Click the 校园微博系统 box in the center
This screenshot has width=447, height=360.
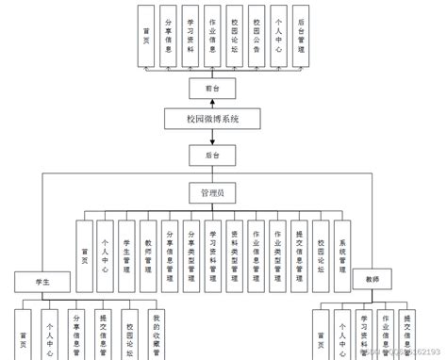tap(213, 119)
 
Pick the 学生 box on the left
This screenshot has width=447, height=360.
tap(42, 280)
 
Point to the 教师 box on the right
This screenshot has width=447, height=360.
tap(372, 280)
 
